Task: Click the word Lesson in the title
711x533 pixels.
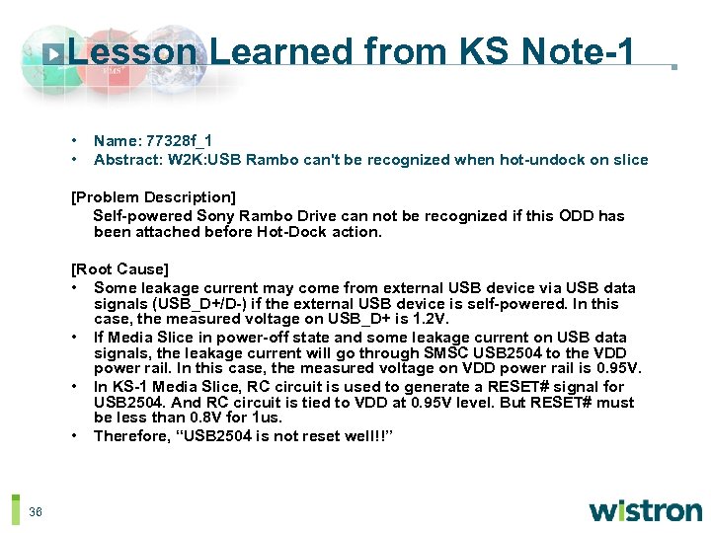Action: click(133, 52)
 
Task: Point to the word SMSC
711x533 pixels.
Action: click(445, 353)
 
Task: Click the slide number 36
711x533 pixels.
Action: click(36, 511)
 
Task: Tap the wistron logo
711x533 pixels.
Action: click(645, 510)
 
